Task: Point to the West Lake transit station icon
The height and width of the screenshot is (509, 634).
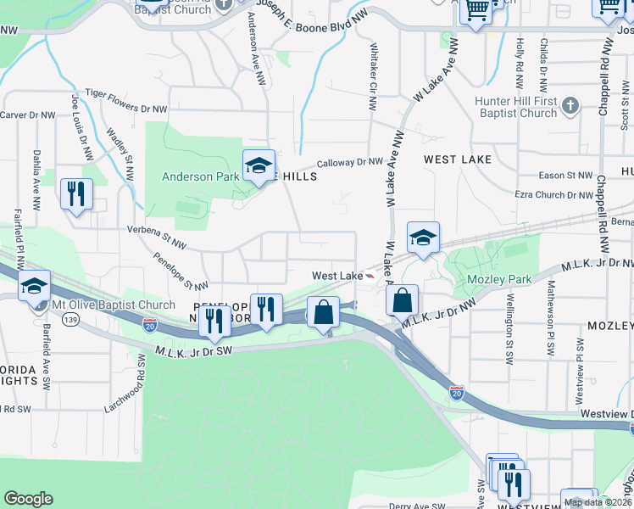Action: (370, 277)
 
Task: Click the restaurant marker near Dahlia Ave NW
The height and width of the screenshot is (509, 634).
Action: (77, 193)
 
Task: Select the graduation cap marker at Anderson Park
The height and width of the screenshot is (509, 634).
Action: (259, 165)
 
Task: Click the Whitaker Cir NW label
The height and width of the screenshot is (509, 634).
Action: (372, 77)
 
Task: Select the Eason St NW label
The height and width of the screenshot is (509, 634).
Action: (566, 176)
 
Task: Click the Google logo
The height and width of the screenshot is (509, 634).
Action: (28, 499)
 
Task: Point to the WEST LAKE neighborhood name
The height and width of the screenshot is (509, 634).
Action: (458, 159)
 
